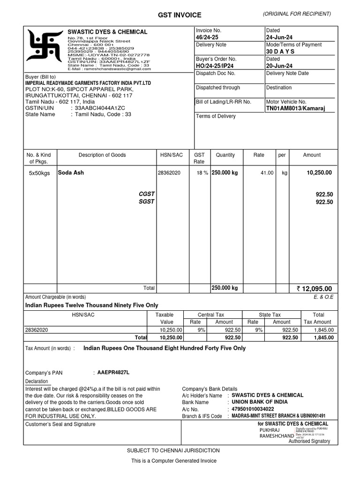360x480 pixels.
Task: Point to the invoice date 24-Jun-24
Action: click(x=279, y=37)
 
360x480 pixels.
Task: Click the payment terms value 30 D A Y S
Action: click(x=280, y=52)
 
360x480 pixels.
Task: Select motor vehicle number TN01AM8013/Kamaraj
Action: click(x=295, y=108)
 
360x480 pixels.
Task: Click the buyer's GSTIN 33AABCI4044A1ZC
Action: click(x=100, y=108)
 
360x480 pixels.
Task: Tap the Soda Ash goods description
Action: click(x=71, y=172)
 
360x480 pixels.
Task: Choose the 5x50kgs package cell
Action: click(x=39, y=173)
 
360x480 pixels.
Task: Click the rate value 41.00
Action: click(x=267, y=173)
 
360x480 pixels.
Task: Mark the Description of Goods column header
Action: click(x=102, y=155)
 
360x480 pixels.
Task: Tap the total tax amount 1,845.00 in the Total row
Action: click(x=324, y=337)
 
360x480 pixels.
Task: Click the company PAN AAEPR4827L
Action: click(x=113, y=372)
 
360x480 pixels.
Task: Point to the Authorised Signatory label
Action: click(x=309, y=441)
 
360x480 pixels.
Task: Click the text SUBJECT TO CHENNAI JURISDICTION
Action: click(x=173, y=450)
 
